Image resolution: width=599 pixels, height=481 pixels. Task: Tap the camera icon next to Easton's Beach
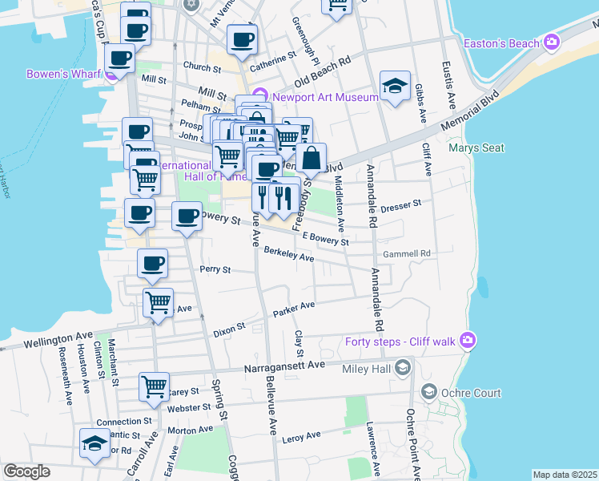(x=551, y=42)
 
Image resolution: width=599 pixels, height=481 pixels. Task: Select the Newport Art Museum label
(x=324, y=98)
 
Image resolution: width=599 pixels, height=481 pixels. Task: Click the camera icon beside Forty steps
(x=468, y=342)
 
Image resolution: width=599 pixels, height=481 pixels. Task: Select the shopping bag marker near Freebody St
(x=312, y=159)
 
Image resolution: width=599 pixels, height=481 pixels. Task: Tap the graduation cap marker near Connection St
(x=94, y=443)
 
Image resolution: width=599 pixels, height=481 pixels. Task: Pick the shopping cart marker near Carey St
(x=154, y=386)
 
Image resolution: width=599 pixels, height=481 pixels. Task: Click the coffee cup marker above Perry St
(x=152, y=263)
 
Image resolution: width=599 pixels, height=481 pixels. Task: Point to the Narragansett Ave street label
(x=283, y=365)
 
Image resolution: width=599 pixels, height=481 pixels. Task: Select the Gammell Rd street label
(x=407, y=253)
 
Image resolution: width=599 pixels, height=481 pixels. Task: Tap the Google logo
(x=26, y=471)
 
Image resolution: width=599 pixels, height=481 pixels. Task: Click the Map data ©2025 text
(x=565, y=475)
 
